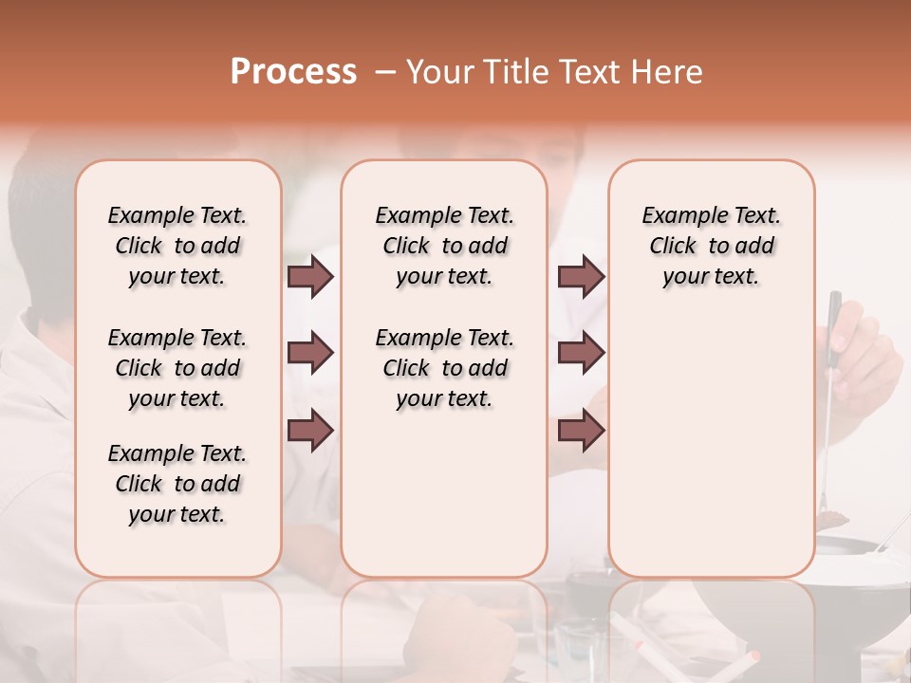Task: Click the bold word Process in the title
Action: pyautogui.click(x=293, y=72)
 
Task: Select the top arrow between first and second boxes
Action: pyautogui.click(x=310, y=276)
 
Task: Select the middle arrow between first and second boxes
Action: pyautogui.click(x=310, y=353)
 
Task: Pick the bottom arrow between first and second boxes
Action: pyautogui.click(x=310, y=431)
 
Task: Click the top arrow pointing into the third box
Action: pyautogui.click(x=581, y=276)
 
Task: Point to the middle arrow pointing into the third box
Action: pyautogui.click(x=581, y=353)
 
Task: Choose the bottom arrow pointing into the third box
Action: pyautogui.click(x=581, y=431)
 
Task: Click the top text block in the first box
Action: pyautogui.click(x=177, y=246)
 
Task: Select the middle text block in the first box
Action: pyautogui.click(x=177, y=368)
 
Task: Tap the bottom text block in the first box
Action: pyautogui.click(x=177, y=484)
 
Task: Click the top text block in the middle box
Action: pyautogui.click(x=444, y=246)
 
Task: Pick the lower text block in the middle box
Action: pyautogui.click(x=444, y=368)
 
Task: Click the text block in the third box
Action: pyautogui.click(x=711, y=246)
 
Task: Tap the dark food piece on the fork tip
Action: pyautogui.click(x=835, y=518)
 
